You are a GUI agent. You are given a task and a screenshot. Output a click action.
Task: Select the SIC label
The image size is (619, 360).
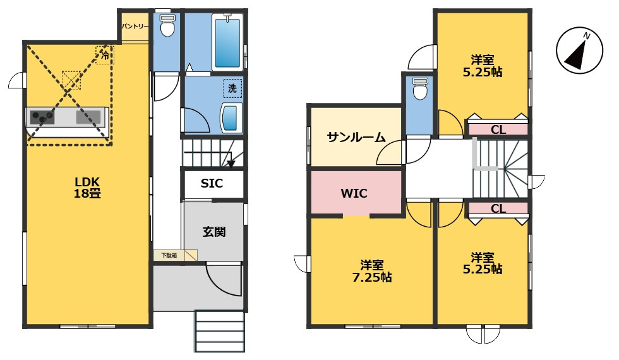pyautogui.click(x=212, y=184)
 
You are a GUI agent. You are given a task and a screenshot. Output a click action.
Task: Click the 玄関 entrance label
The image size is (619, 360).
pyautogui.click(x=214, y=232)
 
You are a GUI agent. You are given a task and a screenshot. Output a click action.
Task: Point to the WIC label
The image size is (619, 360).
pyautogui.click(x=354, y=193)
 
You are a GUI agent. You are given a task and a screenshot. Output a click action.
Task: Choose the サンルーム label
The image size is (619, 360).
pyautogui.click(x=356, y=137)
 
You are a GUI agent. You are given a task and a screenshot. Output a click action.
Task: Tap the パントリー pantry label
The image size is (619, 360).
pyautogui.click(x=135, y=27)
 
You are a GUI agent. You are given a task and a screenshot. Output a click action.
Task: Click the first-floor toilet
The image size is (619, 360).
pyautogui.click(x=167, y=27)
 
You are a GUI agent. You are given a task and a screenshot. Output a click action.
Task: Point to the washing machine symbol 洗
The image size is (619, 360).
pyautogui.click(x=232, y=88)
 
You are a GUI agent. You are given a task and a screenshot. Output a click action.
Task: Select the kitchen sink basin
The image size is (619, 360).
pyautogui.click(x=88, y=117)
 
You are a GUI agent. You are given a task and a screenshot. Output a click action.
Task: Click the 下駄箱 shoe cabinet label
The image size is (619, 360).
pyautogui.click(x=169, y=255)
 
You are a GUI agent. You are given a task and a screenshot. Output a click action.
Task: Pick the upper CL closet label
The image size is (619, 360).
pyautogui.click(x=498, y=130)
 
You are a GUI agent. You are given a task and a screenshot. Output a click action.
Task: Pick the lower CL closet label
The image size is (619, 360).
pyautogui.click(x=498, y=209)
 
